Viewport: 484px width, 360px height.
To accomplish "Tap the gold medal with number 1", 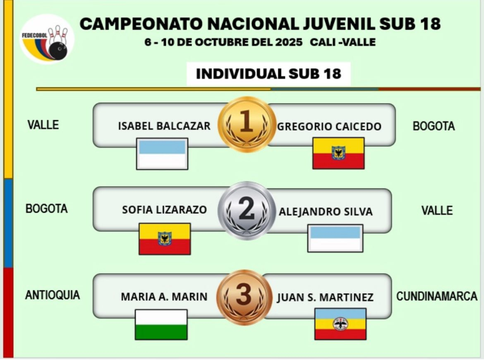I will (x=246, y=124).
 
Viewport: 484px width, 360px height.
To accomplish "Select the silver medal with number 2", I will (x=246, y=211).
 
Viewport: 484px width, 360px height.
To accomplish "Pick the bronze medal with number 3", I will (x=244, y=297).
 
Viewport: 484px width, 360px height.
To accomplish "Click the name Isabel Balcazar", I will (x=164, y=126).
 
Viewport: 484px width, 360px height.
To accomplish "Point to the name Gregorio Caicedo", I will (x=329, y=126).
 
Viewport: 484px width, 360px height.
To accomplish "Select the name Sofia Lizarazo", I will (x=164, y=210).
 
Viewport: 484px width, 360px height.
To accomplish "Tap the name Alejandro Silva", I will (x=326, y=211).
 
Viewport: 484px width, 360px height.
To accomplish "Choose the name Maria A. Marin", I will (x=164, y=297).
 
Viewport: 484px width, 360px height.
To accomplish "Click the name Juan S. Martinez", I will (x=325, y=298).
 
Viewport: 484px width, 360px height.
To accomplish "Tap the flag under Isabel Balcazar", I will (x=162, y=153).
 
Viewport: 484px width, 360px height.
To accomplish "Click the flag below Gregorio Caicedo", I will (x=338, y=153).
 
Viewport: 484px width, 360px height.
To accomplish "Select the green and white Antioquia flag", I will (x=161, y=324).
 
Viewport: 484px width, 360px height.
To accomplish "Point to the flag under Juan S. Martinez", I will (x=340, y=324).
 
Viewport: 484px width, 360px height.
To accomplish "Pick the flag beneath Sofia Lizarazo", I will (x=164, y=238).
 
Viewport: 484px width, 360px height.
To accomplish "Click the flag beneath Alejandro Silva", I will (x=335, y=238).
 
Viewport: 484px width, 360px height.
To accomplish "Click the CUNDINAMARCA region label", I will (x=437, y=296).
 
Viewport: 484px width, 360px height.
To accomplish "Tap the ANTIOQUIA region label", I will (x=52, y=295).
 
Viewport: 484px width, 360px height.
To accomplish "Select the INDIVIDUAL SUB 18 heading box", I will (x=268, y=74).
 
